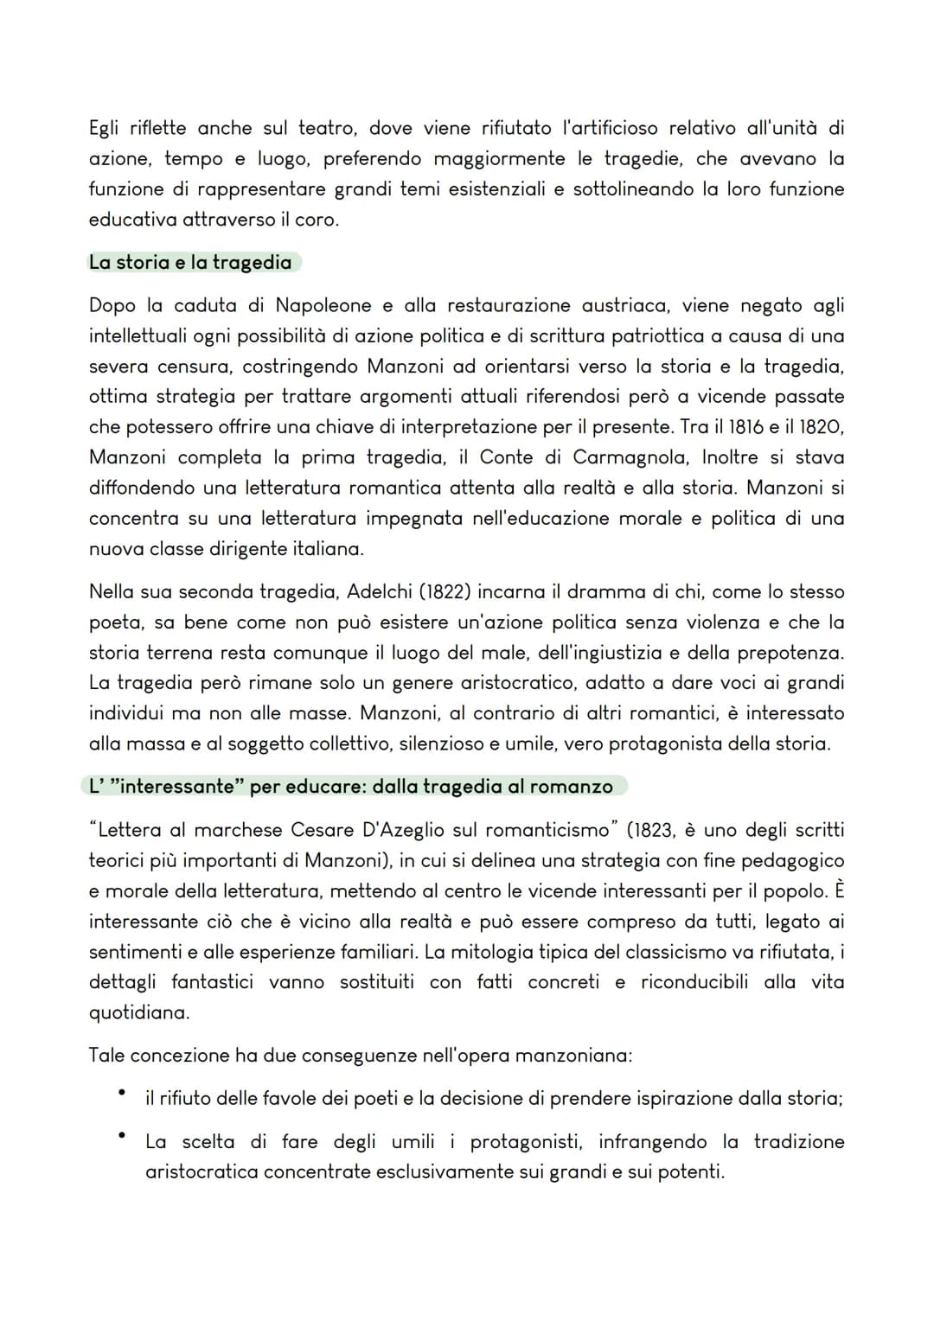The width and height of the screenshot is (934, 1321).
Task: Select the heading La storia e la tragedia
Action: [x=190, y=262]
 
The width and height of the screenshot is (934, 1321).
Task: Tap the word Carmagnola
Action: [x=630, y=457]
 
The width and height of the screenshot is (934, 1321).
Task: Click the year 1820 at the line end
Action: [x=822, y=427]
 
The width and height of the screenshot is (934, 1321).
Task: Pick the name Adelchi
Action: [x=381, y=592]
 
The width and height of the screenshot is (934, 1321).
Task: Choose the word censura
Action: [x=195, y=367]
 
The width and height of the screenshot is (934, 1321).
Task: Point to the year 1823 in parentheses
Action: [x=655, y=830]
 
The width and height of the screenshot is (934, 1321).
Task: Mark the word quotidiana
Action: [x=138, y=1012]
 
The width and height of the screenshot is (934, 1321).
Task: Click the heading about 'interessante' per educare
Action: [x=351, y=787]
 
